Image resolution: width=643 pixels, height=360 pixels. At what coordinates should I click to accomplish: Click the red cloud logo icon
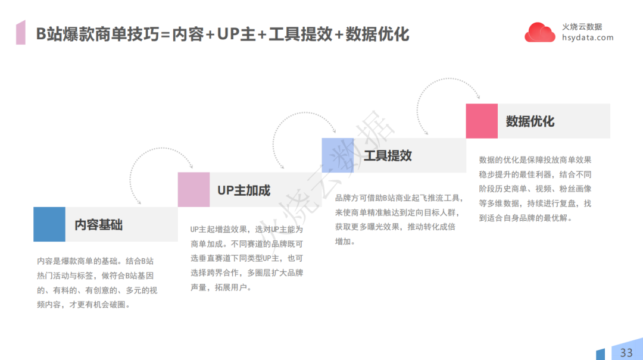[539, 32]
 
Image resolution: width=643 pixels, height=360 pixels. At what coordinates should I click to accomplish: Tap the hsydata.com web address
[588, 37]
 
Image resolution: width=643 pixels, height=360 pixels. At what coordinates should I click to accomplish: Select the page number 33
[626, 352]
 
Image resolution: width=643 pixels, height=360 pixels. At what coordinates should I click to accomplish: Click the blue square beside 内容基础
[49, 224]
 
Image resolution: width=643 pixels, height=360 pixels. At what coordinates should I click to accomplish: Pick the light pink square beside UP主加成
[193, 190]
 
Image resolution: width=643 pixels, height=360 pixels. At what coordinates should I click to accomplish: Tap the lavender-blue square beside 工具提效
[338, 155]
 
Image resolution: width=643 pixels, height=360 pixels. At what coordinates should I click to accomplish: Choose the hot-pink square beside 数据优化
[482, 121]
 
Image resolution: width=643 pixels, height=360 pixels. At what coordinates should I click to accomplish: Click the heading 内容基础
[98, 225]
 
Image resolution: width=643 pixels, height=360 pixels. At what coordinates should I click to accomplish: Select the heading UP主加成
[244, 190]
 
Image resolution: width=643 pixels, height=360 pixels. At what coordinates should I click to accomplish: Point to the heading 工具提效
[388, 156]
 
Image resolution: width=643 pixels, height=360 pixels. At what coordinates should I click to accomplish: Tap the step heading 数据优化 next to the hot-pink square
[530, 121]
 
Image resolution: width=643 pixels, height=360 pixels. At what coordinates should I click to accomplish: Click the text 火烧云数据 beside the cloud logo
[582, 27]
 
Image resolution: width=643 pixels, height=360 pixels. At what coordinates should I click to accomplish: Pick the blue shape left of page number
[600, 354]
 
